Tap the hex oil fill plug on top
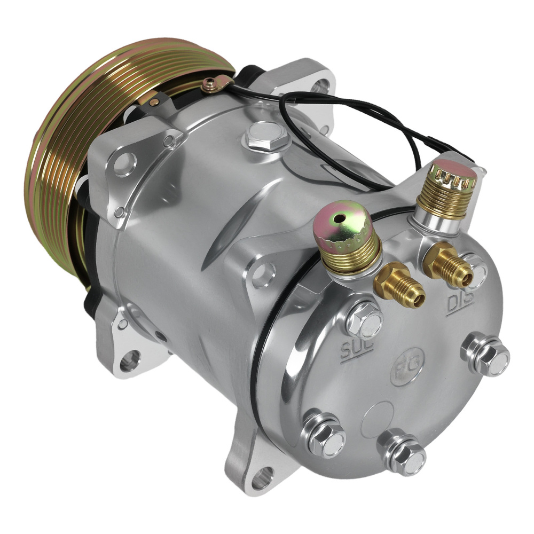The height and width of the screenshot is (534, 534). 265,135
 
